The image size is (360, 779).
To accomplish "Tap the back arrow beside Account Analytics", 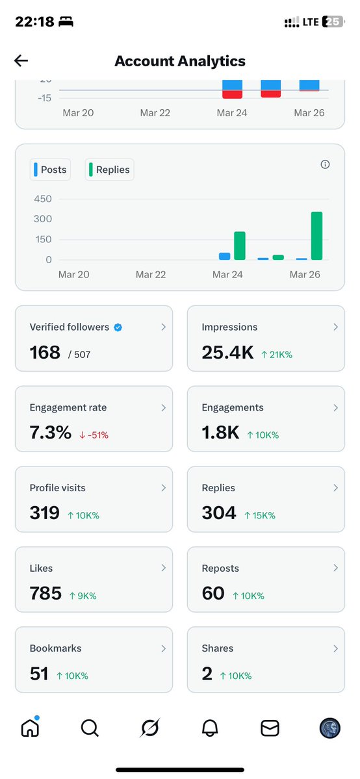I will click(x=21, y=61).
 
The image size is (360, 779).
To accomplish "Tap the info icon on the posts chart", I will click(x=325, y=164).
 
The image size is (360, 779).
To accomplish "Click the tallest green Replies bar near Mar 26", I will click(x=316, y=235).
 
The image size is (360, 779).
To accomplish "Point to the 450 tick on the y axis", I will click(x=43, y=199).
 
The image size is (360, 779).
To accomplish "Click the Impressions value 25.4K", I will click(x=227, y=352).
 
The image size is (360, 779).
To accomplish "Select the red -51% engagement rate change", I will click(x=94, y=435).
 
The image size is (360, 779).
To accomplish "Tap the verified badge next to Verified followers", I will click(x=118, y=327).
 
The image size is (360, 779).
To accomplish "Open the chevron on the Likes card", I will click(x=164, y=568).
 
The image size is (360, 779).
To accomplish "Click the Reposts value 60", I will click(x=213, y=593).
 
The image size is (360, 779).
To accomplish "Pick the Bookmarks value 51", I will click(x=39, y=674).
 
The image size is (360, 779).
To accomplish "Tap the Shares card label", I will click(x=217, y=648).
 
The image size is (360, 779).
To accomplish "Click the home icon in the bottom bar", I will click(x=30, y=728).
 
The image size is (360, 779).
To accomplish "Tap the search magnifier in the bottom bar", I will click(x=90, y=728).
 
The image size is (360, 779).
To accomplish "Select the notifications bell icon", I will click(x=210, y=728).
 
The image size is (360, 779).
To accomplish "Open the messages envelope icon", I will click(x=270, y=728).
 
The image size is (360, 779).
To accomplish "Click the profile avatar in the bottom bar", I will click(x=329, y=728).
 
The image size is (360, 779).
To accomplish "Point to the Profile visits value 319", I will click(x=44, y=513).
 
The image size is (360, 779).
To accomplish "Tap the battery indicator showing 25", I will click(x=332, y=22).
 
